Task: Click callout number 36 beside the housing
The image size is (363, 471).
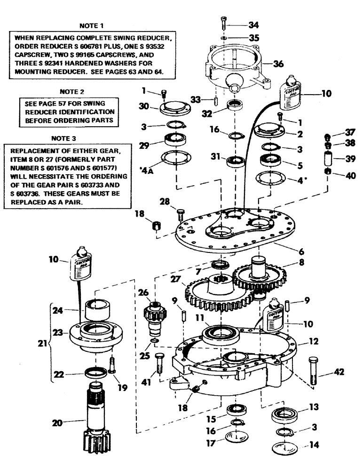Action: pyautogui.click(x=279, y=65)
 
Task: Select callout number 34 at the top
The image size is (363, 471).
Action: pyautogui.click(x=254, y=24)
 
